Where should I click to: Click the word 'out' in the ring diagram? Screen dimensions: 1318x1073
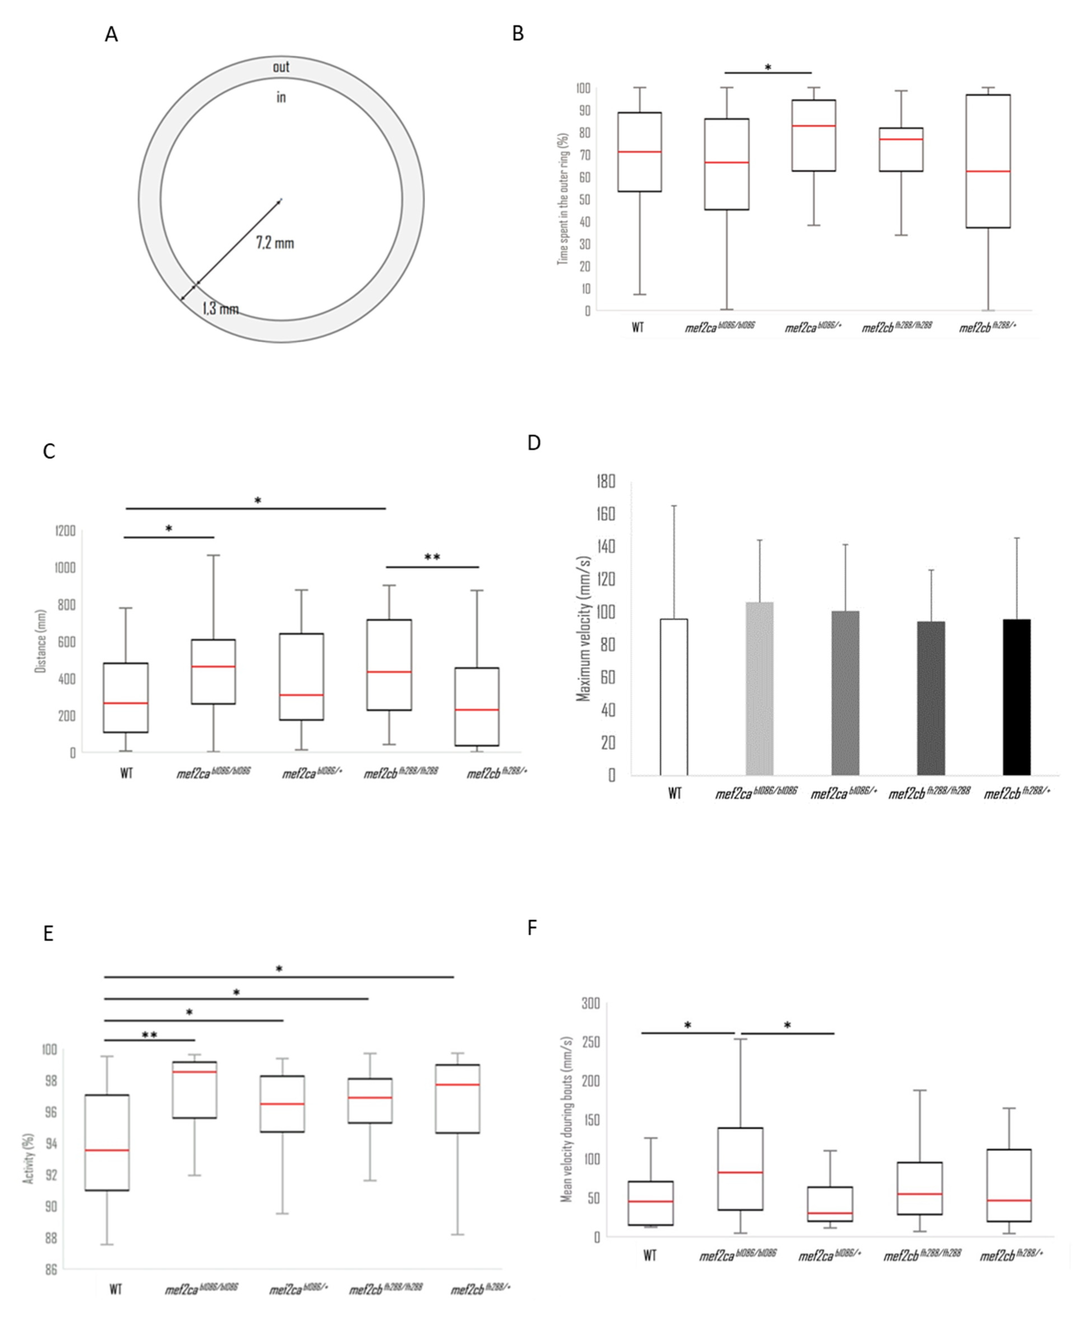[x=281, y=67]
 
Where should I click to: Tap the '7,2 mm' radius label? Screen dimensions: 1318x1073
[x=275, y=243]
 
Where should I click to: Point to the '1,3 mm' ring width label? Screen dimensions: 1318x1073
[x=221, y=308]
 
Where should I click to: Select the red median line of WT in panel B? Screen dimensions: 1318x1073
[x=639, y=151]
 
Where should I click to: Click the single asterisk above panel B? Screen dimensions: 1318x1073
[x=768, y=67]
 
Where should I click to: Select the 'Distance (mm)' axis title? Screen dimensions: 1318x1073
[x=41, y=641]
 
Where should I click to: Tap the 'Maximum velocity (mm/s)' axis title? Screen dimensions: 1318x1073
[x=584, y=629]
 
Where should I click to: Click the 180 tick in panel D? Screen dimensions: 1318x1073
[x=606, y=481]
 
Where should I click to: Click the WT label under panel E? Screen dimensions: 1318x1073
[x=116, y=1289]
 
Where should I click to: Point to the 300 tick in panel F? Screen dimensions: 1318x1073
[x=590, y=1003]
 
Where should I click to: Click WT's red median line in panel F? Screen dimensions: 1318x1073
[x=650, y=1201]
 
